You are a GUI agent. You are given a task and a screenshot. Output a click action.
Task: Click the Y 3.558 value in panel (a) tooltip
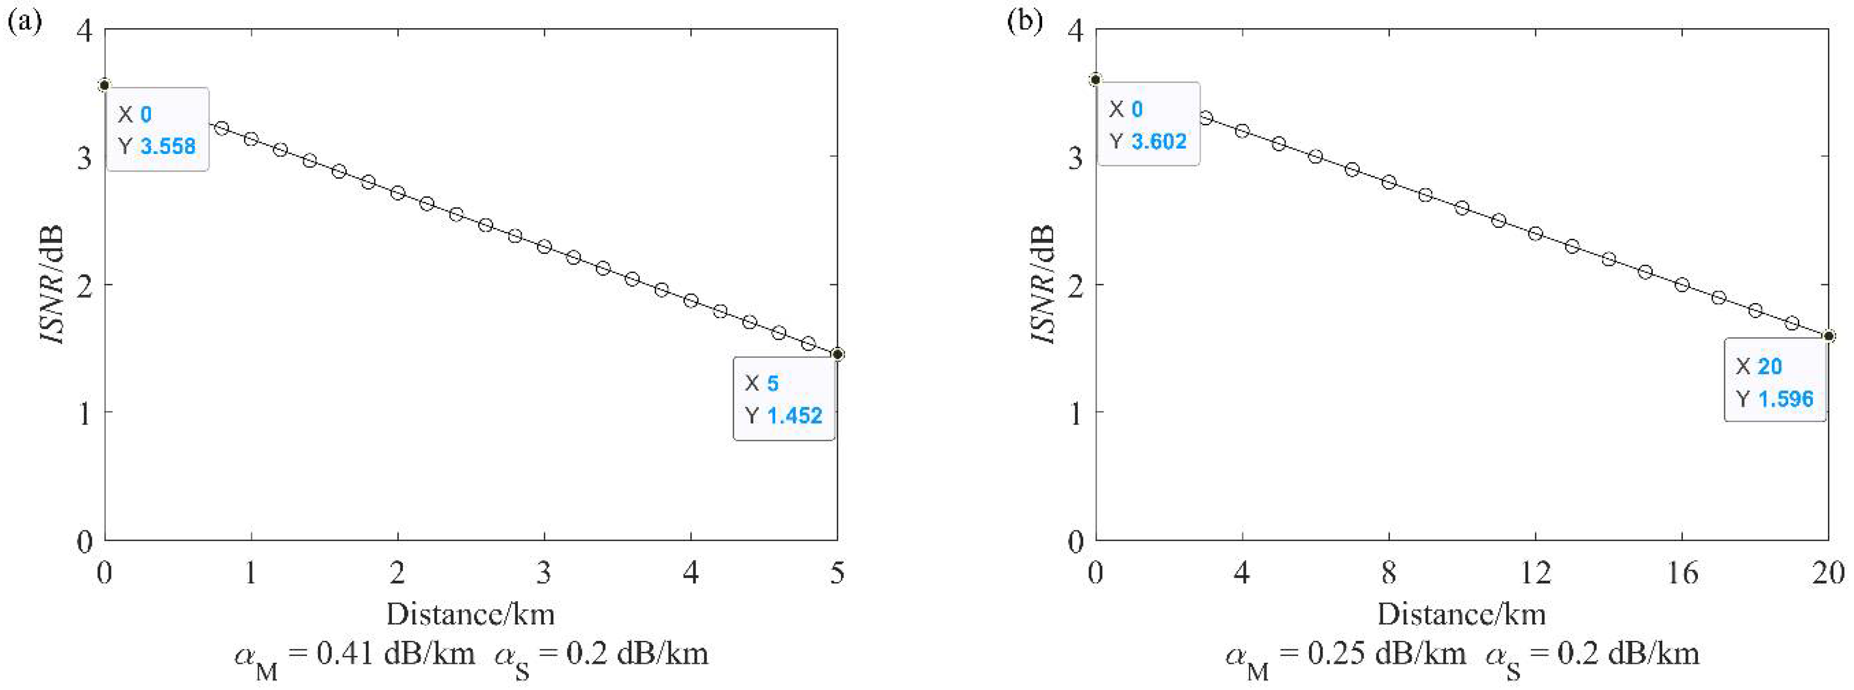pyautogui.click(x=168, y=146)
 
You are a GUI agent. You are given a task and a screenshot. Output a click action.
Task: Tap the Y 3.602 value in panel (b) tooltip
pyautogui.click(x=1159, y=141)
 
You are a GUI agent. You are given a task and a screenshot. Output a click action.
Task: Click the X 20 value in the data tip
pyautogui.click(x=1769, y=366)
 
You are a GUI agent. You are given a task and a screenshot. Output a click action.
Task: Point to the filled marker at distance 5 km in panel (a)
pyautogui.click(x=837, y=354)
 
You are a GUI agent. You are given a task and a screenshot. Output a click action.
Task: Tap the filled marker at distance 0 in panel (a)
pyautogui.click(x=104, y=86)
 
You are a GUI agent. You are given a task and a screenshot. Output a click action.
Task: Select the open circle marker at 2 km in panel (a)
pyautogui.click(x=397, y=193)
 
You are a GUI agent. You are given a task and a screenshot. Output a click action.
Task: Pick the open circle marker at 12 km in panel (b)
pyautogui.click(x=1535, y=233)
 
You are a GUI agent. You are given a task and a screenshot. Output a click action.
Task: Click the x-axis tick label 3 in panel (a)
pyautogui.click(x=544, y=573)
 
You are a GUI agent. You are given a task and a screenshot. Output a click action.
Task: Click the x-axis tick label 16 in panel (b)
pyautogui.click(x=1681, y=573)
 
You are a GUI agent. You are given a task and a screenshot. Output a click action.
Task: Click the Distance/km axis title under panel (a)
pyautogui.click(x=471, y=614)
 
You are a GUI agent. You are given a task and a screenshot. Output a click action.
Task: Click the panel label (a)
pyautogui.click(x=23, y=21)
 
